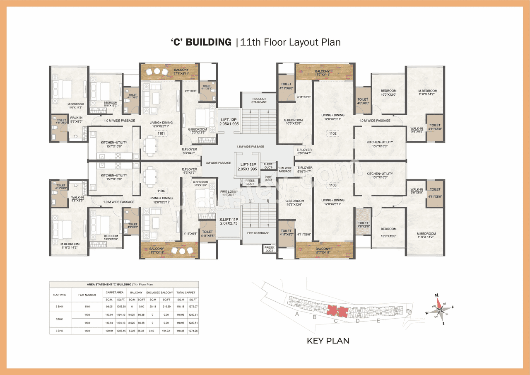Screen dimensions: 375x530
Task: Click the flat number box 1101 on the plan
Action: (161, 133)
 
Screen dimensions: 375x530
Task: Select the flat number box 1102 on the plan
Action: (332, 133)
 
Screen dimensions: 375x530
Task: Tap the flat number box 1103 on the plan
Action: (332, 185)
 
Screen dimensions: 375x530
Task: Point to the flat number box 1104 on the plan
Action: (161, 191)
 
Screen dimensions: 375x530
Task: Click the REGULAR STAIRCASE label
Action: (259, 100)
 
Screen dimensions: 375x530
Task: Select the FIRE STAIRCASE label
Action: (259, 233)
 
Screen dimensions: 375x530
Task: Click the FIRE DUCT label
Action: (268, 178)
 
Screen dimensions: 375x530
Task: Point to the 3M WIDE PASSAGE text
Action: (218, 163)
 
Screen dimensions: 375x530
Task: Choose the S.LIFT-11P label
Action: (229, 221)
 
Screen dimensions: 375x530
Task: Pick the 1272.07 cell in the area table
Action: (193, 306)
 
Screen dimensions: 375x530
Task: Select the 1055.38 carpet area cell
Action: (120, 306)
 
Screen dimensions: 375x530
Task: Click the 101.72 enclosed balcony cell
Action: (167, 331)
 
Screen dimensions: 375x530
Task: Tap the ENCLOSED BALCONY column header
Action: (159, 293)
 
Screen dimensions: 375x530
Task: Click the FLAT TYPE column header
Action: (60, 295)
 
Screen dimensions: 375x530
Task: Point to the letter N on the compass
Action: (436, 295)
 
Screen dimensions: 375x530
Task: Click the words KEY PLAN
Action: (328, 341)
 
